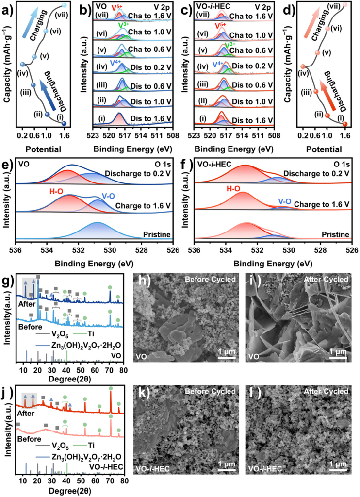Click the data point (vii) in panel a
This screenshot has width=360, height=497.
click(x=65, y=6)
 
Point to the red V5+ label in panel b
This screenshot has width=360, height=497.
click(x=117, y=7)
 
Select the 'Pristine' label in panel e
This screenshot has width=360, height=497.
click(x=157, y=234)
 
